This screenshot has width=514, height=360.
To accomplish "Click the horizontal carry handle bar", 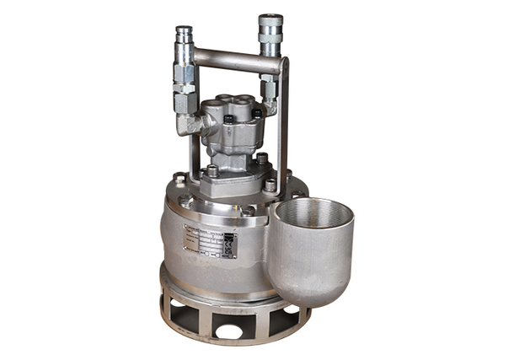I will pos(232,60).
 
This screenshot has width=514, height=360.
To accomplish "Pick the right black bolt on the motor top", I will pos(256,114).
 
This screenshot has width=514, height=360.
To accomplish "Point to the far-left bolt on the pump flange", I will pos(179,178).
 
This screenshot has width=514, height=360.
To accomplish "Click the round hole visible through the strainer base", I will pos(229,331).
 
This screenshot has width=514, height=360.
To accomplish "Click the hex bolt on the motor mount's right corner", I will pos(270,185).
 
